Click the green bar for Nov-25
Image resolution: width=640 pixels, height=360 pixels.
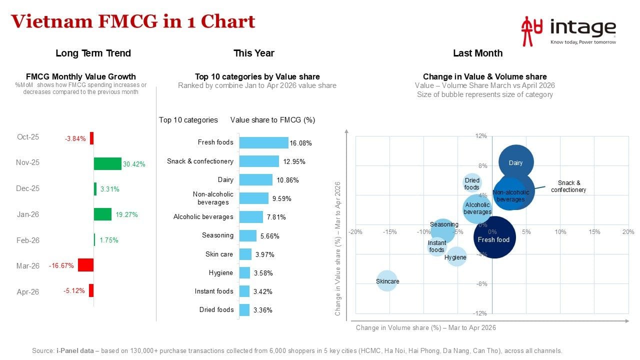tap(107, 163)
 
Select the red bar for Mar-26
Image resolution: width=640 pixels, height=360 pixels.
tap(85, 265)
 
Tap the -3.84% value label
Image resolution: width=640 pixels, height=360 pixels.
tap(75, 138)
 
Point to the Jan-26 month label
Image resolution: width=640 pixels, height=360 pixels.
tap(27, 214)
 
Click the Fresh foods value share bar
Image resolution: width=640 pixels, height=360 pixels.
tap(263, 142)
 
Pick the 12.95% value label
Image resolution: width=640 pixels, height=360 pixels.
tap(294, 161)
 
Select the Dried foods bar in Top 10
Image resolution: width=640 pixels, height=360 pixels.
tap(244, 310)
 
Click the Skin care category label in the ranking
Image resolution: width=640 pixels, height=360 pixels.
tap(219, 254)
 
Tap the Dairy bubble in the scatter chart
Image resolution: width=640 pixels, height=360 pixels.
tap(516, 162)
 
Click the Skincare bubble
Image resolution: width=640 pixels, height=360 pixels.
tap(387, 281)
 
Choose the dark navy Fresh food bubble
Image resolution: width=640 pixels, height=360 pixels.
tap(494, 237)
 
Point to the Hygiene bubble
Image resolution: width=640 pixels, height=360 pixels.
tap(456, 257)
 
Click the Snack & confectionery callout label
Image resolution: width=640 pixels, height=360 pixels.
tap(568, 186)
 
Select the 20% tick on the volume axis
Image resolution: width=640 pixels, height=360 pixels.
tap(628, 231)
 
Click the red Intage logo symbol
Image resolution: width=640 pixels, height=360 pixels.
tap(531, 31)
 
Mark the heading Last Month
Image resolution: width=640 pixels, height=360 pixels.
tap(477, 53)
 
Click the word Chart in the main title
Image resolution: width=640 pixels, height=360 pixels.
tap(227, 21)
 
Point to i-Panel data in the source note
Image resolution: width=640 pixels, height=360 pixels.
tap(75, 350)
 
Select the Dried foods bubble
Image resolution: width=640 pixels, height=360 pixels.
tap(471, 183)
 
